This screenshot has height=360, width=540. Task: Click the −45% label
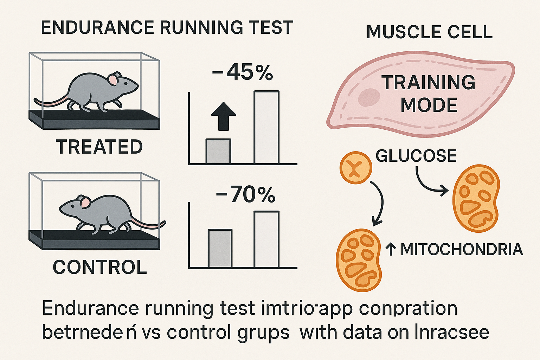[x=243, y=73]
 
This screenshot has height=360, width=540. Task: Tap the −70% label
[x=245, y=195]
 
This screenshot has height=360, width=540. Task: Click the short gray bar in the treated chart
[x=218, y=152]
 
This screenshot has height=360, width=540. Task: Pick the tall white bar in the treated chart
[x=266, y=128]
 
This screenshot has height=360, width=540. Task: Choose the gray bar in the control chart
[x=220, y=248]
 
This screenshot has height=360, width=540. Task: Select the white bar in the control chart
[x=266, y=239]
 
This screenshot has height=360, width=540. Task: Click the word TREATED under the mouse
[x=99, y=147]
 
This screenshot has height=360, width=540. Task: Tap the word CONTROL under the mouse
[x=99, y=267]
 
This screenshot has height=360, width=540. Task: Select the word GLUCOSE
[x=416, y=156]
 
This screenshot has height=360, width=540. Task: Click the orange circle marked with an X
[x=355, y=168]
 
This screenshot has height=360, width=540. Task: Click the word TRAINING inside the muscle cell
[x=429, y=83]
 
